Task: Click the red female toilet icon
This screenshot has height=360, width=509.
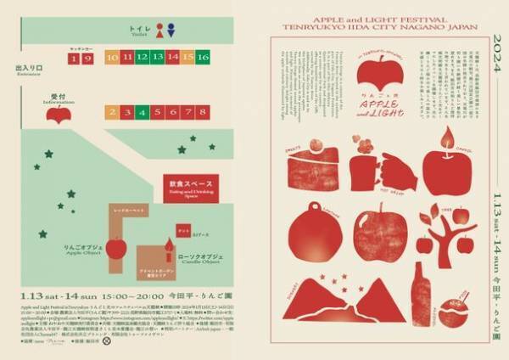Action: pos(159,30)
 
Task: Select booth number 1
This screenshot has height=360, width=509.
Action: pos(75,58)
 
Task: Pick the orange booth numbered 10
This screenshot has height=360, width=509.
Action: pos(112,58)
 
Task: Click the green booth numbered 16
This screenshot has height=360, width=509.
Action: pos(202,58)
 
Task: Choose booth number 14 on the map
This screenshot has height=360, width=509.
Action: pos(172,58)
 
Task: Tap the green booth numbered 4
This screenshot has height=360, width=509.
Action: pos(143,112)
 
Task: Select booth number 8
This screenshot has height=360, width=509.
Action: pos(202,112)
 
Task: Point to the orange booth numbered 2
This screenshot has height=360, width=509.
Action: pos(112,112)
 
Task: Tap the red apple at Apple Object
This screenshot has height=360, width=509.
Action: pos(117,247)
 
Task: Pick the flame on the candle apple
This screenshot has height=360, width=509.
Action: pos(445,133)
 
